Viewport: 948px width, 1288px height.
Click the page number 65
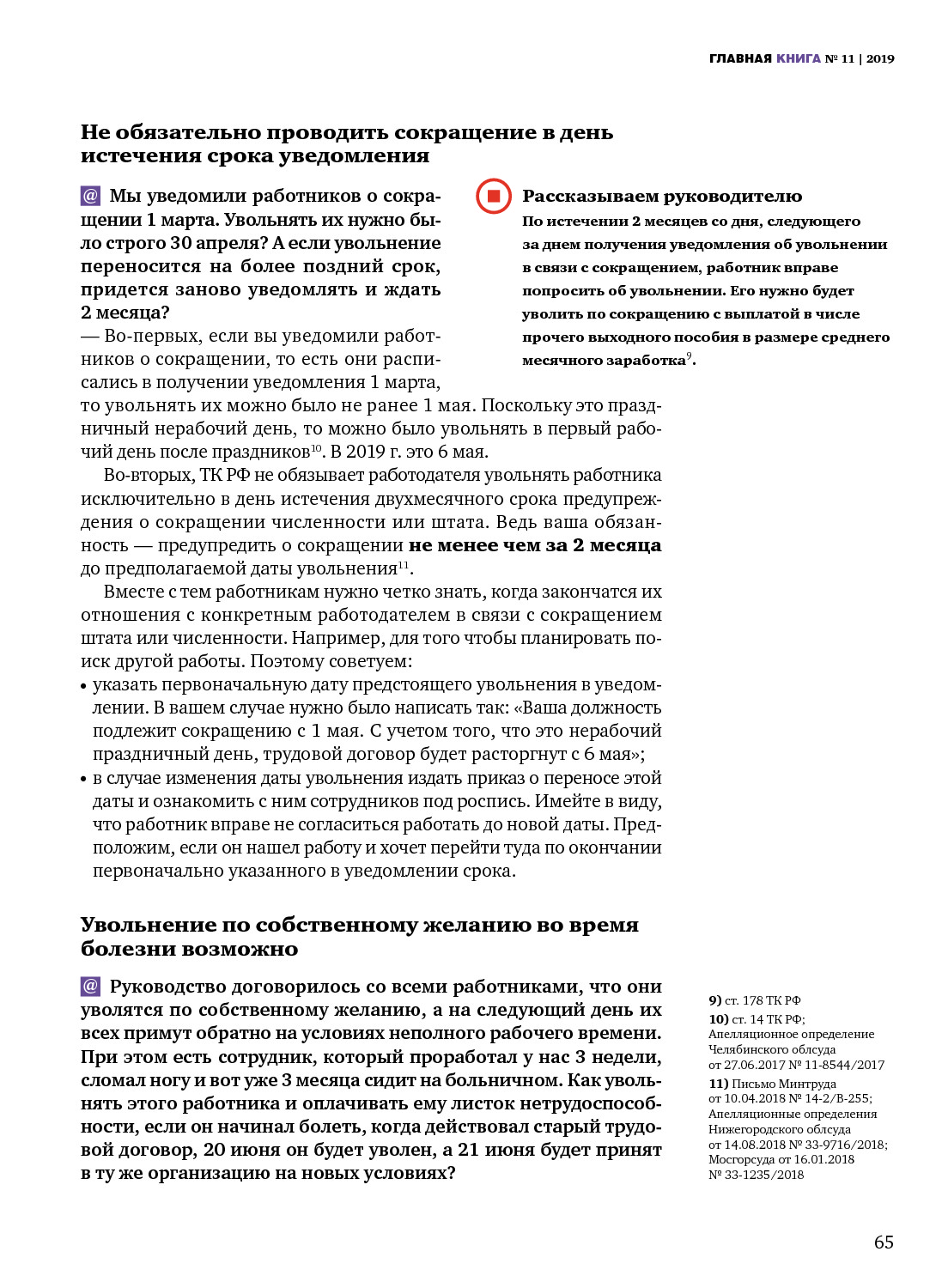[x=884, y=1242]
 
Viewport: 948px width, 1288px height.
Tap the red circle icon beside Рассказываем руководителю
[x=494, y=196]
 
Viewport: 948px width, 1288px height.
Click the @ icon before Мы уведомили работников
[x=90, y=196]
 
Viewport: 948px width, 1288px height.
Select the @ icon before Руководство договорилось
[x=90, y=986]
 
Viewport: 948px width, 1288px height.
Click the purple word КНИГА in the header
[x=799, y=58]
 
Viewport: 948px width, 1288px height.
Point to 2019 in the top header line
[x=880, y=58]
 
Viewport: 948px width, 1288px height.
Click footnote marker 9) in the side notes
[x=714, y=1000]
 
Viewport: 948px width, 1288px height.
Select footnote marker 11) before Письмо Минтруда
[x=718, y=1084]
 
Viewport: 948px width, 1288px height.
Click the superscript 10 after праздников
[x=316, y=448]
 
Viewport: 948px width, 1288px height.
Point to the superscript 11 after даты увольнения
[x=404, y=565]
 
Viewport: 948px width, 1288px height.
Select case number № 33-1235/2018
[x=756, y=1175]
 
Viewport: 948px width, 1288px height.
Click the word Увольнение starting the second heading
[x=148, y=925]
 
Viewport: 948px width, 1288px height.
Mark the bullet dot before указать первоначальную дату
[x=84, y=686]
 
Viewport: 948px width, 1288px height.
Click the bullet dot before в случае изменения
[x=84, y=780]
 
